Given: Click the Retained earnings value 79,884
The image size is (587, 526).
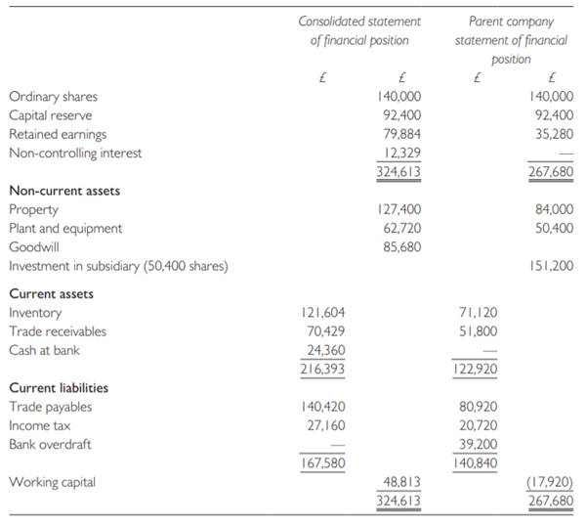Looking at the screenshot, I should [399, 134].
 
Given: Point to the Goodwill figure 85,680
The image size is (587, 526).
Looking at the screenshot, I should [399, 247].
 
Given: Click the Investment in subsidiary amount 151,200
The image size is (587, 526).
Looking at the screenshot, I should [551, 266].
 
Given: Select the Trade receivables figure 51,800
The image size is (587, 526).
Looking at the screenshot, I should [477, 331].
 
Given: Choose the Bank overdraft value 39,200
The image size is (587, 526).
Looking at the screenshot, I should [477, 444].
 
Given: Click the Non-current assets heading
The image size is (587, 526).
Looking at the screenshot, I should [64, 191].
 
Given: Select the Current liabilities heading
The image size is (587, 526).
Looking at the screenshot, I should [59, 388].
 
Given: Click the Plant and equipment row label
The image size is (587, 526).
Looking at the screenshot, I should [65, 229].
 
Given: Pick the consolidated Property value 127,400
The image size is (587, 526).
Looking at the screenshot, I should [399, 209].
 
